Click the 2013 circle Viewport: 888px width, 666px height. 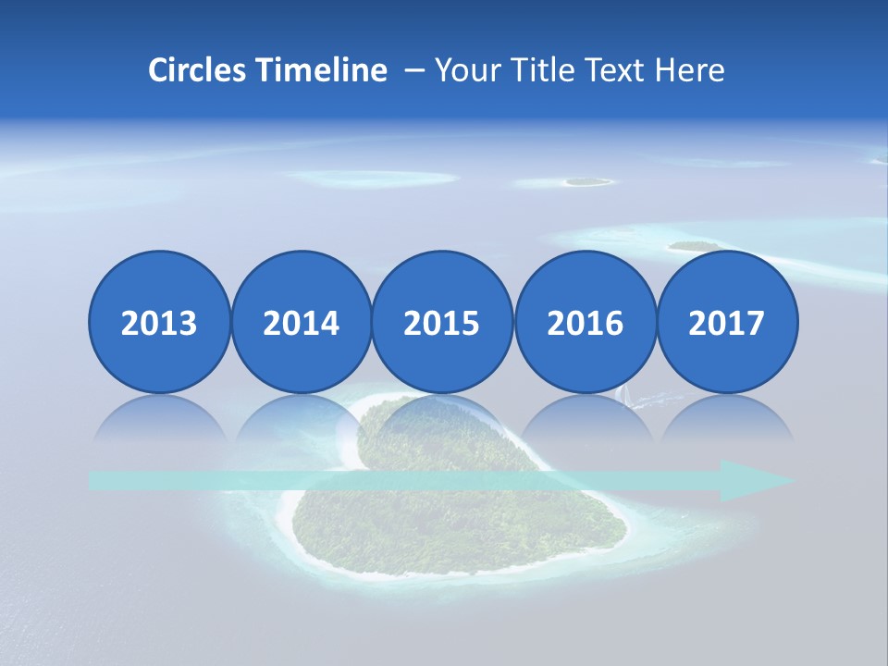pos(159,322)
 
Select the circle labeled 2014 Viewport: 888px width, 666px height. pos(301,322)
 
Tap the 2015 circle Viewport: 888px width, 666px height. pos(442,322)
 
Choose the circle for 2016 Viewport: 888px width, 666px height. pos(585,322)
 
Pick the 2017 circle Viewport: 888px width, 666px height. pos(726,322)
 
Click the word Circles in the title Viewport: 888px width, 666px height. pos(198,70)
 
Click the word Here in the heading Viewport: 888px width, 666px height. pos(691,70)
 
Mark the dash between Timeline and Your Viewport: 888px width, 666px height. pos(413,70)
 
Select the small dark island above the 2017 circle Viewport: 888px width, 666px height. pos(694,246)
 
